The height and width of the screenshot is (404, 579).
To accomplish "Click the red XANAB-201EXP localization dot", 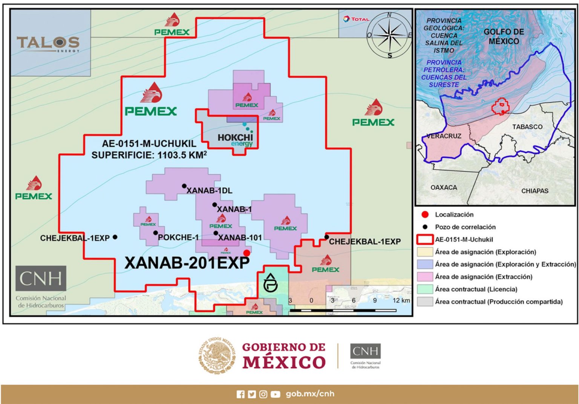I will pos(247,253).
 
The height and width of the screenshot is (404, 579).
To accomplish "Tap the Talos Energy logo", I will pos(48,44).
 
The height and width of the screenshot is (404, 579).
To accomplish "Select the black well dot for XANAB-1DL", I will pos(184,186).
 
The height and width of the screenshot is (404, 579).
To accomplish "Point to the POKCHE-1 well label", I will pos(178,238).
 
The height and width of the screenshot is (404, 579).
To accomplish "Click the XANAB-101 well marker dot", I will pos(216,233).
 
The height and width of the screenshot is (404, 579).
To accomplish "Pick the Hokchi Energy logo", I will pos(235,140).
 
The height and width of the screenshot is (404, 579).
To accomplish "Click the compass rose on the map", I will pos(389,35).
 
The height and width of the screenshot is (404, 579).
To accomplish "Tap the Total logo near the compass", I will pos(355,19).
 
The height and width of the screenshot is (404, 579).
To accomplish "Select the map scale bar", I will pos(343,310).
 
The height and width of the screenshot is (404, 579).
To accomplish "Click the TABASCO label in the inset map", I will pos(527,127).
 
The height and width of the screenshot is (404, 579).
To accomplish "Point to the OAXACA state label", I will pos(444,188).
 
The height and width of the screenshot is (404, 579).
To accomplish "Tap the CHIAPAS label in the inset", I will pos(535,191).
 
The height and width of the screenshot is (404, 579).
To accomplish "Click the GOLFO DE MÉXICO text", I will pos(504,37).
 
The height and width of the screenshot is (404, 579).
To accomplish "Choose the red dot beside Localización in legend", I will pos(425,215).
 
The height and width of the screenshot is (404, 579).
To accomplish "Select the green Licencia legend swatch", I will pos(425,289).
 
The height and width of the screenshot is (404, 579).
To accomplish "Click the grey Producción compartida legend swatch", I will pos(425,302).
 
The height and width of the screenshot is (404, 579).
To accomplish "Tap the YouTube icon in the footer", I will pos(275,394).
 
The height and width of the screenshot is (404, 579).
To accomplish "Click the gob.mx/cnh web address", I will pos(310,394).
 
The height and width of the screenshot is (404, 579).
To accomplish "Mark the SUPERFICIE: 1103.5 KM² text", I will pos(149,155).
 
